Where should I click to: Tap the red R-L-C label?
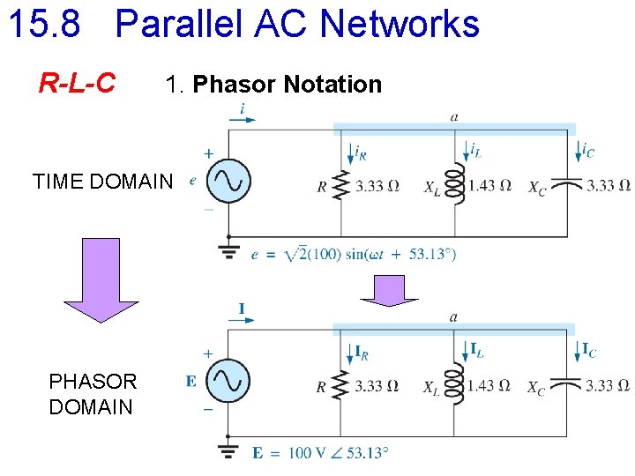[77, 84]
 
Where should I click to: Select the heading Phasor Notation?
[287, 85]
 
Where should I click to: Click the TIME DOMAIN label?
[103, 182]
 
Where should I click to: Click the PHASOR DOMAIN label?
[93, 394]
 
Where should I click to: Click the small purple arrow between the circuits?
[389, 290]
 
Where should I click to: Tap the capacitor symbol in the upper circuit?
[571, 186]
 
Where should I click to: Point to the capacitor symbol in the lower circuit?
[571, 385]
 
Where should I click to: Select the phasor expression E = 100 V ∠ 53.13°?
[320, 453]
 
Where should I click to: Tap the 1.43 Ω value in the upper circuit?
[490, 185]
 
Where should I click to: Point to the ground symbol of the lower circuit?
[229, 450]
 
